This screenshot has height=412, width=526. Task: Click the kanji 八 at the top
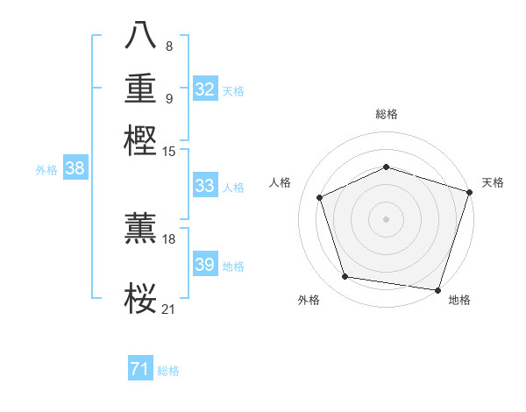tap(140, 36)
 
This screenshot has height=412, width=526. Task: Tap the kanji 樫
tap(140, 140)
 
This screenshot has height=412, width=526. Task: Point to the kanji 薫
tap(140, 228)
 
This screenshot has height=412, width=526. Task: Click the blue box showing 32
tap(205, 89)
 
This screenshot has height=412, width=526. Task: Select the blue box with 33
tap(205, 186)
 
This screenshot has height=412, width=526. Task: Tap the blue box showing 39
tap(205, 265)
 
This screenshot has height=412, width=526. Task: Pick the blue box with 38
tap(75, 169)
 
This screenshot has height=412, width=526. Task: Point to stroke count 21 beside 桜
tap(168, 309)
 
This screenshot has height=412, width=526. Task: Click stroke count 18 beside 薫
tap(168, 239)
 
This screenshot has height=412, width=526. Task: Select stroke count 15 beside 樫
tap(168, 152)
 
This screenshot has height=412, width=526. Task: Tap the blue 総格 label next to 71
tap(168, 371)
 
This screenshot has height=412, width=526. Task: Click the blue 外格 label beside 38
tap(46, 170)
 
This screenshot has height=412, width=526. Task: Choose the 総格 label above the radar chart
tap(386, 114)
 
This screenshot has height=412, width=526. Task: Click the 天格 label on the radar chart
tap(494, 182)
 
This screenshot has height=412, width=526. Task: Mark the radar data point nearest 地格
tap(437, 289)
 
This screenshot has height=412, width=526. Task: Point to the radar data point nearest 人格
tap(320, 197)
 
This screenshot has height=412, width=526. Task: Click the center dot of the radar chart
tap(386, 218)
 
